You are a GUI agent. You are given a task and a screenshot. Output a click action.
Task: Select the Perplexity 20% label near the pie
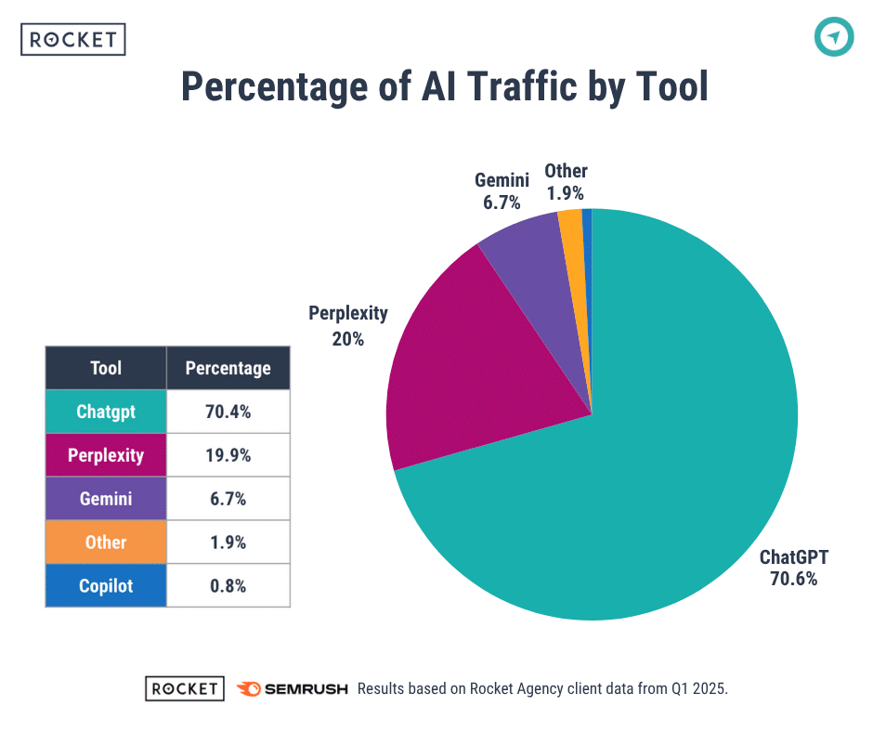pos(348,325)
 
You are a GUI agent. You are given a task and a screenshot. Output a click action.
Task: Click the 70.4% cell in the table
pos(228,412)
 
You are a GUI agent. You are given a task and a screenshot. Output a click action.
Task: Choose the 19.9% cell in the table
pos(228,455)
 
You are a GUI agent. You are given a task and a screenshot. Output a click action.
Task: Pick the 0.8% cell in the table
pos(228,586)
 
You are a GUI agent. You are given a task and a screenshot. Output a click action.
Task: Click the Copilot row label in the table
pos(106,586)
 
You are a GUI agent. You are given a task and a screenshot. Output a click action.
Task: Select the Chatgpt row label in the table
pos(106,412)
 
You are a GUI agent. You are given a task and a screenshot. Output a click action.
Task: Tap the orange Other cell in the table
pos(106,542)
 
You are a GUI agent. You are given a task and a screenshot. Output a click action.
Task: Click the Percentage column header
pos(228,368)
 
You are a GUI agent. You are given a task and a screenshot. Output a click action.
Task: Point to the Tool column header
pos(106,368)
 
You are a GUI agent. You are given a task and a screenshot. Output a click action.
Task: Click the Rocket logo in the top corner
pos(72,40)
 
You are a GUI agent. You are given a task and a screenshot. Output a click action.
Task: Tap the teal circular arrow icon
pos(834,37)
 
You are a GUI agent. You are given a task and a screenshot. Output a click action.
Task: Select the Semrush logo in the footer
pos(293,688)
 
